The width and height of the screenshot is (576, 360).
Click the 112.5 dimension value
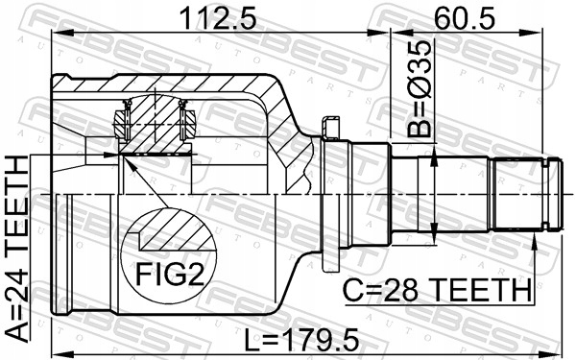pos(218,19)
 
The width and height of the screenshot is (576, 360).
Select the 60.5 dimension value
pos(465,19)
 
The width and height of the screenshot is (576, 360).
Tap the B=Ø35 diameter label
pos(418,88)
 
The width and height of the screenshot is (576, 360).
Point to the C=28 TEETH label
pos(437,290)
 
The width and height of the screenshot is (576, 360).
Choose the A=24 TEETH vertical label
pos(17,249)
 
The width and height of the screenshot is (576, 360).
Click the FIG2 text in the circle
pos(170,275)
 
